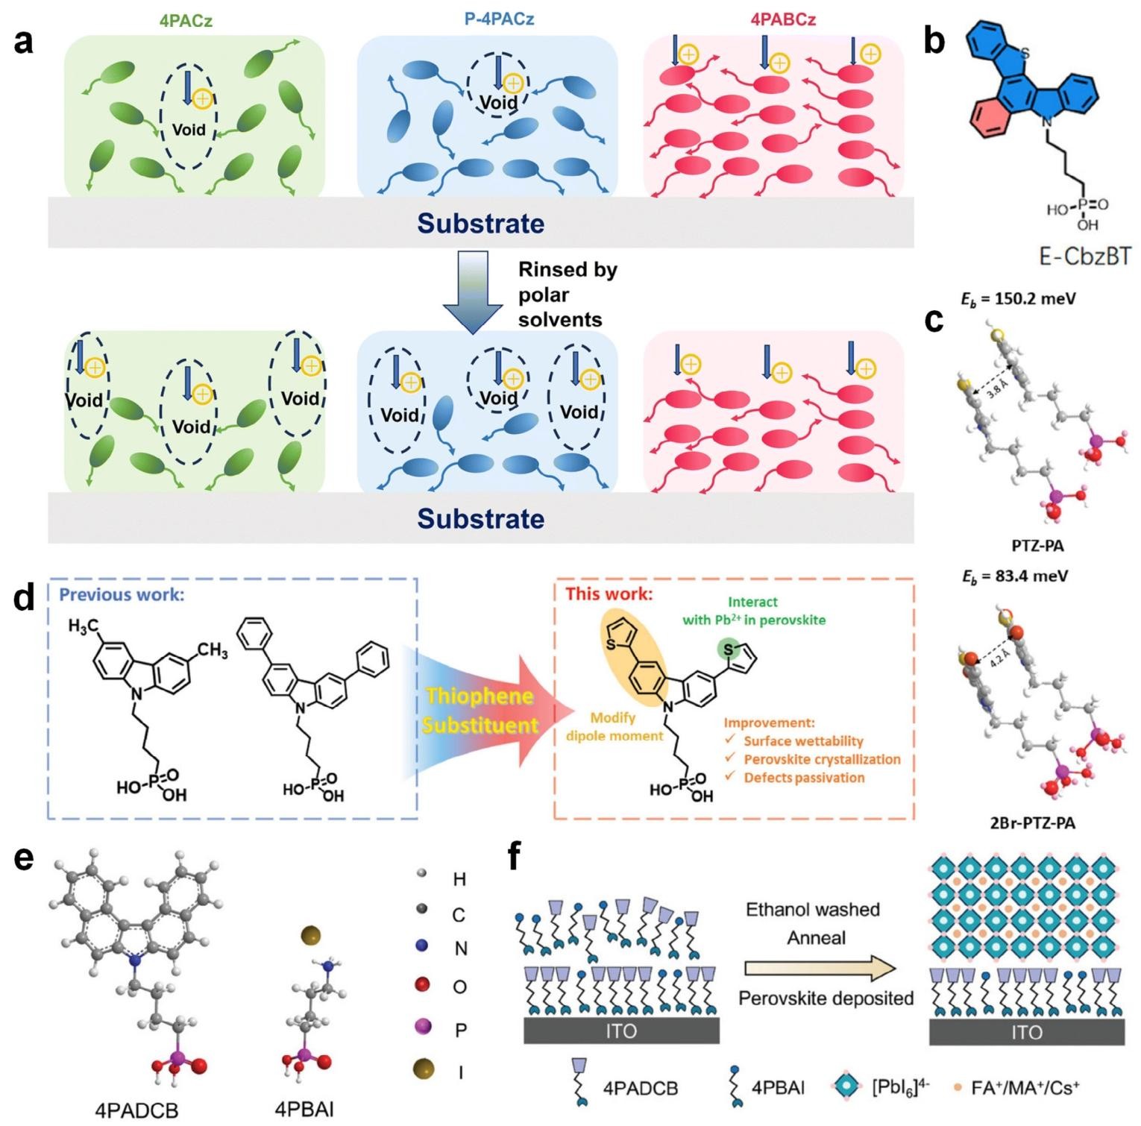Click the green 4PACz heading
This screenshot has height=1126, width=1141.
point(186,20)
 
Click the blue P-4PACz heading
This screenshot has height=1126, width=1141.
point(488,19)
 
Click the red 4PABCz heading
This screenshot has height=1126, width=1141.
point(782,20)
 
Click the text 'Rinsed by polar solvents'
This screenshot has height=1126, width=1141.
point(568,295)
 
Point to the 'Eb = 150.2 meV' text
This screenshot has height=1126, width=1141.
point(1017,298)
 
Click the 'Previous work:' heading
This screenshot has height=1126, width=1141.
point(122,594)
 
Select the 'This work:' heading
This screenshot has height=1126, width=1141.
point(609,594)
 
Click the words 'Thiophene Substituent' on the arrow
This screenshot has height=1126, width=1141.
point(480,711)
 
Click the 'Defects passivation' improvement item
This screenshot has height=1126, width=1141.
point(804,778)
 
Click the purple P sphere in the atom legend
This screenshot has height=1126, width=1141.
point(423,1028)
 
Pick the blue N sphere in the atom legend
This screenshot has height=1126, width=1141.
point(422,946)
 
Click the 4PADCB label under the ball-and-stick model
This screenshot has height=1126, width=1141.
point(136,1110)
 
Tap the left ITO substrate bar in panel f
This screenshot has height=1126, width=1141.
point(621,1031)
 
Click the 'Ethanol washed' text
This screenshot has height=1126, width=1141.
point(813,910)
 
